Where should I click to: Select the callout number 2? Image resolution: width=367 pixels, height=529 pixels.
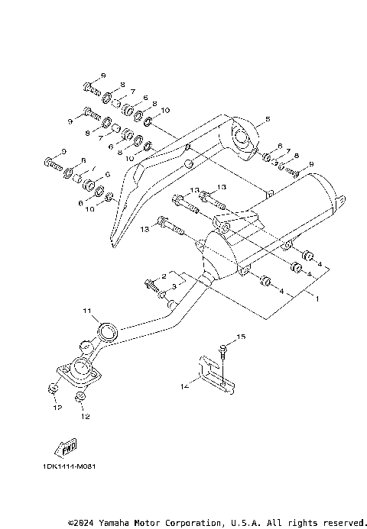point(164,276)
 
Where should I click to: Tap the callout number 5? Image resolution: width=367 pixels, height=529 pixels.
point(267,120)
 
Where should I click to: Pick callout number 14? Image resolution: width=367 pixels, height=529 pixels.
point(184,387)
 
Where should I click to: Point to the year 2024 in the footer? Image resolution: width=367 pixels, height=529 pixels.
point(85,523)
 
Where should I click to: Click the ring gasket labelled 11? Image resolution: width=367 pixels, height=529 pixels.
point(108,331)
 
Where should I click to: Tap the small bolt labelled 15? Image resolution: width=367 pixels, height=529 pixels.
point(223,350)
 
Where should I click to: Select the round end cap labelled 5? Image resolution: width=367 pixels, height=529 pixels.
point(244,140)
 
